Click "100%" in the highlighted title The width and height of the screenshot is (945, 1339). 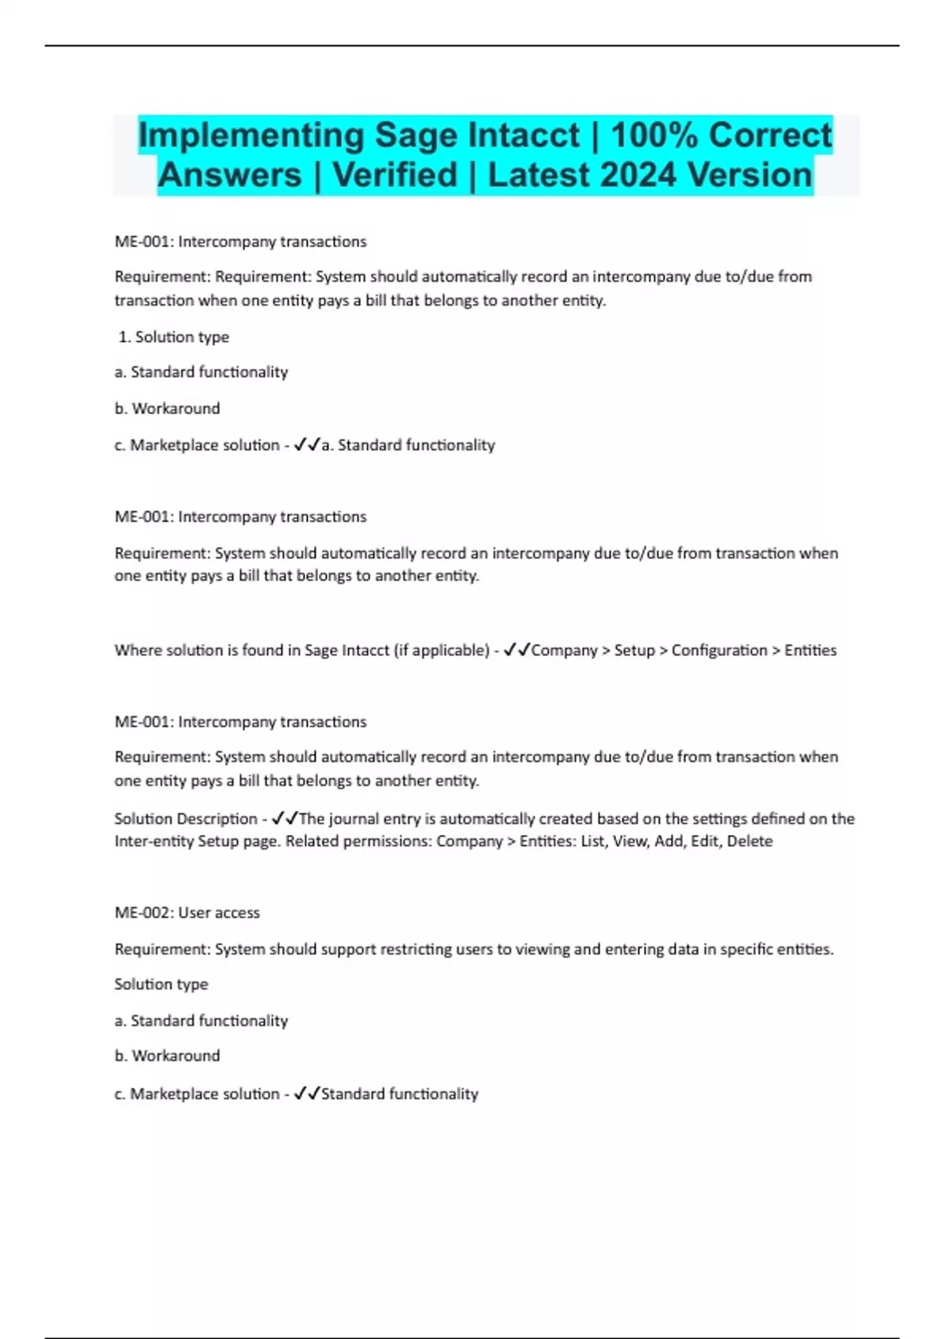(x=654, y=135)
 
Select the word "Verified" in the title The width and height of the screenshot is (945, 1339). (x=395, y=175)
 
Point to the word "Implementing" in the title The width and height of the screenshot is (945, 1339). (x=250, y=135)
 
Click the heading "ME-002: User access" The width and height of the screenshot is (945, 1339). (x=187, y=912)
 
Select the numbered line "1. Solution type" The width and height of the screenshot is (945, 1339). (x=173, y=336)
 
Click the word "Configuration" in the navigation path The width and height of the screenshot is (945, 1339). (x=719, y=650)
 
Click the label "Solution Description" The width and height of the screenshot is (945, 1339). (x=186, y=818)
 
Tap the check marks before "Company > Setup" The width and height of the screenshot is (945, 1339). (x=517, y=650)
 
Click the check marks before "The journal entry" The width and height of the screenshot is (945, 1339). (x=285, y=818)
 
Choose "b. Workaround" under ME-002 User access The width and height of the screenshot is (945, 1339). (x=167, y=1055)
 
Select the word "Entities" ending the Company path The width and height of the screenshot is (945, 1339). (x=810, y=650)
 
